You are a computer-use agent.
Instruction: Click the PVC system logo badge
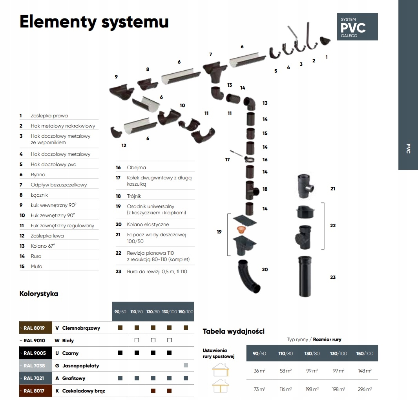[357, 27]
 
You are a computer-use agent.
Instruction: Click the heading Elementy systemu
[94, 22]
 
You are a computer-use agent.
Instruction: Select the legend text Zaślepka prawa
[49, 116]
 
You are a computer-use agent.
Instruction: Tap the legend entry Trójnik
[134, 196]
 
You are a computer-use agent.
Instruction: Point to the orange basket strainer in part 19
[241, 229]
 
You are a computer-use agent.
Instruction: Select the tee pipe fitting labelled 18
[252, 190]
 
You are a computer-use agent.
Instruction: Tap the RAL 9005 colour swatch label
[35, 353]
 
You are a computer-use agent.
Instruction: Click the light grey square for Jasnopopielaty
[186, 365]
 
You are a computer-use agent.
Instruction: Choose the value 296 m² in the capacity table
[365, 389]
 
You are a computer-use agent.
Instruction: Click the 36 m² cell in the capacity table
[259, 371]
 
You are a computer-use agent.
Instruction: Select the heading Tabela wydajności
[234, 331]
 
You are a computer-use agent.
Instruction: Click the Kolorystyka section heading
[39, 294]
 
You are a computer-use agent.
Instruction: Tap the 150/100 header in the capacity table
[365, 353]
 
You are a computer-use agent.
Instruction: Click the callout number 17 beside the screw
[228, 160]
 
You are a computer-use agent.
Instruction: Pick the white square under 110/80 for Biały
[137, 340]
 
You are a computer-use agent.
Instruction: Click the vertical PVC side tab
[408, 148]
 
